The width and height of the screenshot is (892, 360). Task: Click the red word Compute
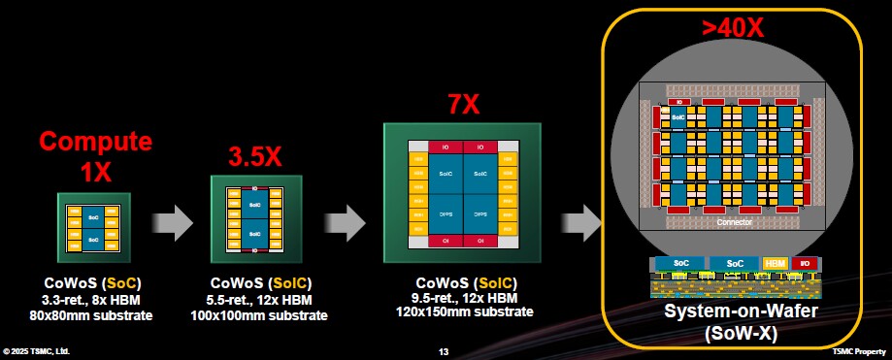tap(95, 142)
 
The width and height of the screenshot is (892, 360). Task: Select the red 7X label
tap(464, 104)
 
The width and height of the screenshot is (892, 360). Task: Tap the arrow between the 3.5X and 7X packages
tap(343, 220)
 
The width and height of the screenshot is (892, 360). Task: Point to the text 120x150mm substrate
tap(464, 311)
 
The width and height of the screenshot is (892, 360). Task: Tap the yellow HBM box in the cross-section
tap(775, 263)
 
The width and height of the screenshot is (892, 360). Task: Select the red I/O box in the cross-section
tap(802, 263)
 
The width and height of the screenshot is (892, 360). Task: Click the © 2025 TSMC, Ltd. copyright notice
tap(36, 350)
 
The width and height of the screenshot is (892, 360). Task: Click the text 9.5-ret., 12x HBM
tap(464, 297)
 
